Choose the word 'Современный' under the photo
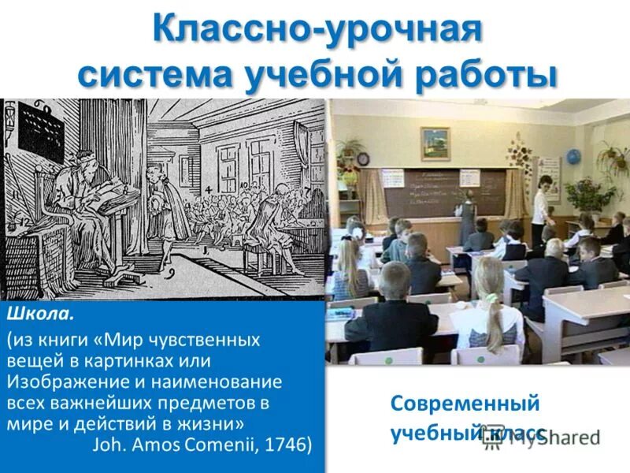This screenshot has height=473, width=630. [x=465, y=404]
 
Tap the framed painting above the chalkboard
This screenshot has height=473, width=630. [x=435, y=143]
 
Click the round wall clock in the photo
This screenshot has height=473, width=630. [x=363, y=158]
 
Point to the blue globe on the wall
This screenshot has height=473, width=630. [x=573, y=157]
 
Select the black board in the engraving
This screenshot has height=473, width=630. [x=39, y=130]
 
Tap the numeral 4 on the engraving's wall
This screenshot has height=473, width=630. [x=207, y=190]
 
